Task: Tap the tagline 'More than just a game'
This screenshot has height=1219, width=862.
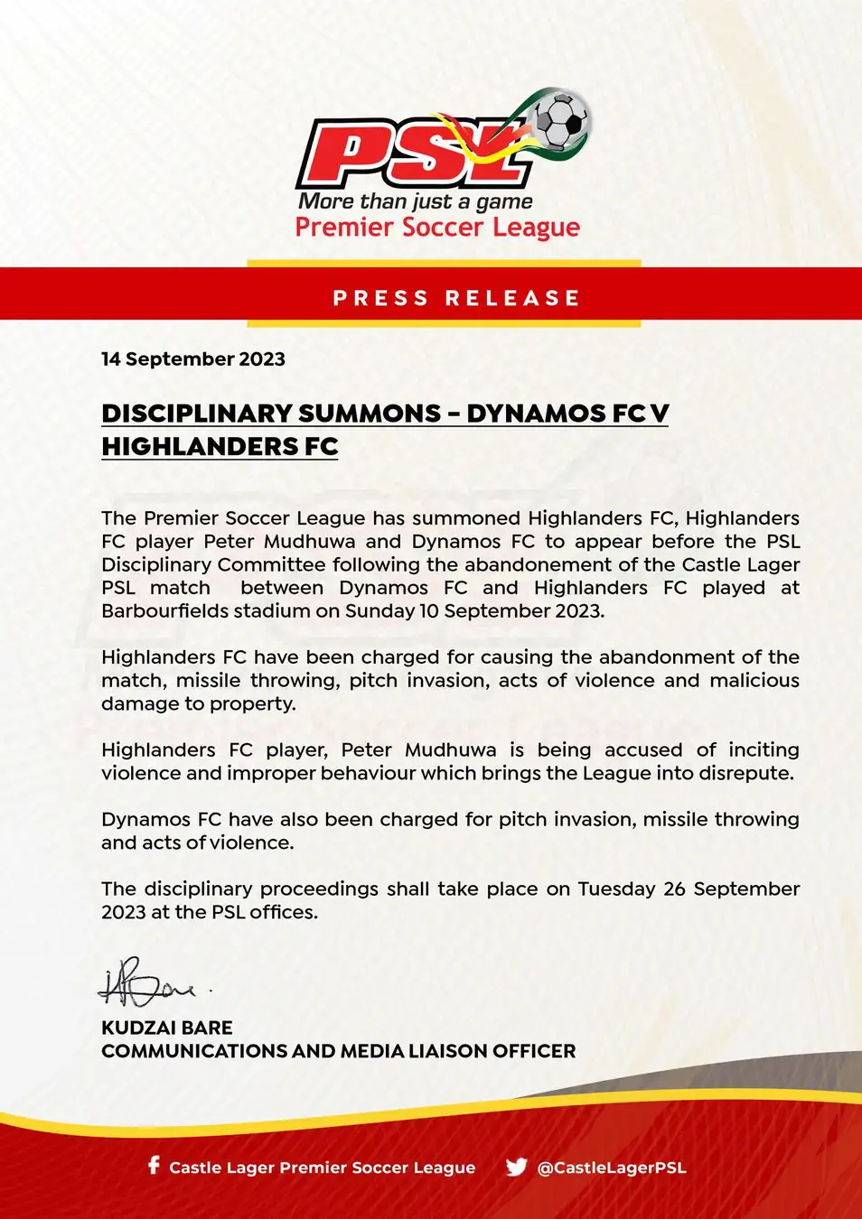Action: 415,201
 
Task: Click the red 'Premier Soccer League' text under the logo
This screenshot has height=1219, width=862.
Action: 437,228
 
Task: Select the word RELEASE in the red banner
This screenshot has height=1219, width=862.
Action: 512,298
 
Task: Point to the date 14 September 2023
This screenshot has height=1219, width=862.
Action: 193,359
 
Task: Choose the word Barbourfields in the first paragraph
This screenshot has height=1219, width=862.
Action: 164,611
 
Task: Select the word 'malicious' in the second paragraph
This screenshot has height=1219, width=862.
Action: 754,681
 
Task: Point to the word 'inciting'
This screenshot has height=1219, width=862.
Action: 764,750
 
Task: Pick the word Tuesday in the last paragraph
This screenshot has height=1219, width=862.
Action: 616,889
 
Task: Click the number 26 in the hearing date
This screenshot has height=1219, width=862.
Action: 675,889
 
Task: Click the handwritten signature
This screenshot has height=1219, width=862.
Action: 149,984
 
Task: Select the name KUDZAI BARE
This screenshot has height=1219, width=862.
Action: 167,1028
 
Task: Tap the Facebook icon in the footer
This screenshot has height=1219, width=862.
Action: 154,1166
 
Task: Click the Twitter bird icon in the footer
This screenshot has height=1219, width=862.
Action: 516,1168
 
